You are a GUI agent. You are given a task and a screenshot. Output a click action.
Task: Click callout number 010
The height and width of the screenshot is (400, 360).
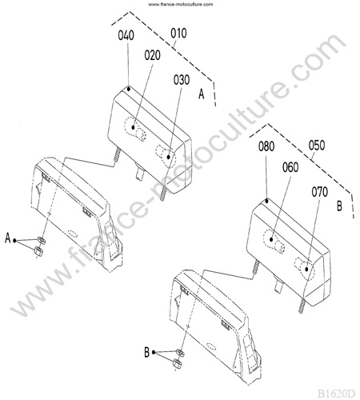tap(178, 34)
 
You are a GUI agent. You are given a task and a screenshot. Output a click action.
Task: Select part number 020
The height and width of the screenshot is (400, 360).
tap(152, 55)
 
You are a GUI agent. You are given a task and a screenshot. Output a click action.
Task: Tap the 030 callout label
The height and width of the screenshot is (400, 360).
tap(182, 80)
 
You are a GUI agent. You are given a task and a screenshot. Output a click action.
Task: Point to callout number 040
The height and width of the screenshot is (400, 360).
tap(126, 35)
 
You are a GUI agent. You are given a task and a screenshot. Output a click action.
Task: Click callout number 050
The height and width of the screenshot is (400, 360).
tap(317, 146)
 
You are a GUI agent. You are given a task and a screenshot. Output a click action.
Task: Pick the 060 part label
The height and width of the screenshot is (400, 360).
tap(290, 167)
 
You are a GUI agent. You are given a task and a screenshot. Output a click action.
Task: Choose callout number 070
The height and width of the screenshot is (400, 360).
tap(320, 192)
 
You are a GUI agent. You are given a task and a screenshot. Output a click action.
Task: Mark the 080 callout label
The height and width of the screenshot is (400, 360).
tap(266, 146)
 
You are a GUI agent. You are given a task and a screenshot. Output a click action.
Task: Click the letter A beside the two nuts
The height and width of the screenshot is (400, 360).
tap(8, 238)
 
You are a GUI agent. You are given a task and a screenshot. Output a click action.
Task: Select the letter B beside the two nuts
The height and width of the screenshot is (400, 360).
tap(146, 352)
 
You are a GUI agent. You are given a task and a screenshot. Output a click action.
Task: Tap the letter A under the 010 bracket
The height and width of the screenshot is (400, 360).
tap(202, 94)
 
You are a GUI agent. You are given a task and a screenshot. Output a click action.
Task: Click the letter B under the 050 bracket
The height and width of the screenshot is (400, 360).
tap(339, 206)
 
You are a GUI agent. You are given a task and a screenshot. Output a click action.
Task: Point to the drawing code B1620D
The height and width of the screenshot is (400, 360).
tap(336, 394)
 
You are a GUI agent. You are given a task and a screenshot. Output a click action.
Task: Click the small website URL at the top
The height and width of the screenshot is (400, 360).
tap(181, 4)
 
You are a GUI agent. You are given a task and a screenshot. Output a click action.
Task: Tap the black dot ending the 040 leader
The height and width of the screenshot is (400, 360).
tap(129, 88)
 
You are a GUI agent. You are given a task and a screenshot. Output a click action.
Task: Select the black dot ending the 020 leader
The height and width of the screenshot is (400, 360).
tap(134, 127)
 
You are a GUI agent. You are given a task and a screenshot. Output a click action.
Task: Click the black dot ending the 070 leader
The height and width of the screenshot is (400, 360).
tap(306, 270)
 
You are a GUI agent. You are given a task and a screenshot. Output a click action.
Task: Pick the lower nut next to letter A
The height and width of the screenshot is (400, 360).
tap(38, 251)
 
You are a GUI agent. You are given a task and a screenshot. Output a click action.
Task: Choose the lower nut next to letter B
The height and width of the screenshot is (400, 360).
tap(177, 363)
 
